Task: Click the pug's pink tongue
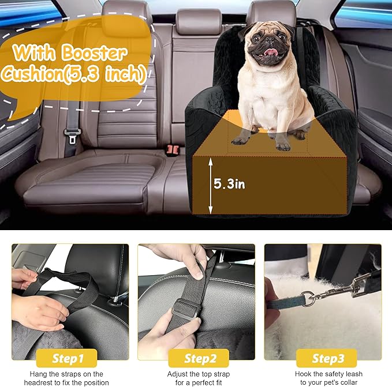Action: pyautogui.click(x=268, y=54)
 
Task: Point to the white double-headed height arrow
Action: pyautogui.click(x=210, y=185)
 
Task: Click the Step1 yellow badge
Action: pyautogui.click(x=69, y=359)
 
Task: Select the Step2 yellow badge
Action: pyautogui.click(x=196, y=359)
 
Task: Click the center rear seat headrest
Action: pyautogui.click(x=198, y=22)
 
